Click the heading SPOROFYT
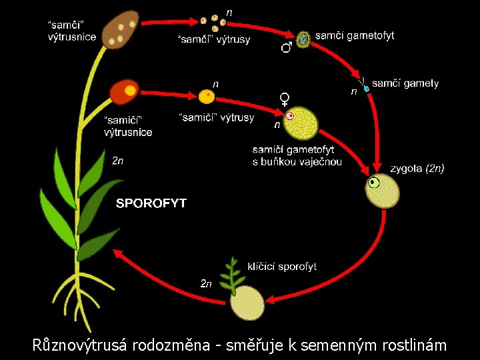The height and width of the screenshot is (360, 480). [151, 203]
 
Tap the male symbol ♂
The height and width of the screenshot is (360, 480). [286, 47]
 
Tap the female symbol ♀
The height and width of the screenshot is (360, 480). [285, 100]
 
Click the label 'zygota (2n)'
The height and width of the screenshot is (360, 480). [417, 169]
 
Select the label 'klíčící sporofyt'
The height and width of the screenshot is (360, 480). [282, 267]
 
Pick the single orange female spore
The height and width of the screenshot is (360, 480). [207, 97]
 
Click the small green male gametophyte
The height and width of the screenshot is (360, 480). [304, 39]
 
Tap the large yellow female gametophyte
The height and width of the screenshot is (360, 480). [302, 123]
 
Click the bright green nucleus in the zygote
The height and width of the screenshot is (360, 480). [374, 182]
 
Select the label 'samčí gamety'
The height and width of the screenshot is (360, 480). [405, 83]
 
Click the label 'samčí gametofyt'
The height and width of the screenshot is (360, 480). [354, 35]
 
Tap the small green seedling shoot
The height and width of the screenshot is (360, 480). [232, 274]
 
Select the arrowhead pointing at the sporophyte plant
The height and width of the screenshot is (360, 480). [117, 253]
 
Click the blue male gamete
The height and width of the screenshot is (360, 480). [366, 88]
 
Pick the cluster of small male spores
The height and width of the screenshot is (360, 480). [213, 22]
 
